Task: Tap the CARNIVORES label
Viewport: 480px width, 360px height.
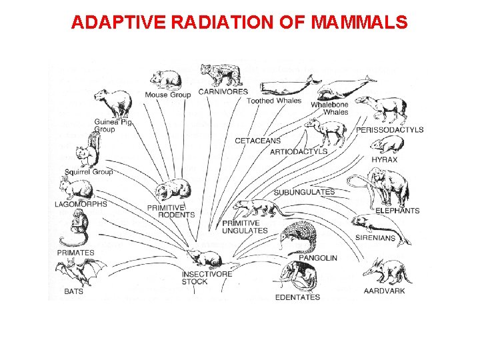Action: point(223,91)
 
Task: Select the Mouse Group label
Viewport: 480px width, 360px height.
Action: point(167,95)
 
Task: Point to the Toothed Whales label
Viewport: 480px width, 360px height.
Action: point(274,101)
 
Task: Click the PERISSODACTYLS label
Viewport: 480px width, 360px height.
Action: point(389,129)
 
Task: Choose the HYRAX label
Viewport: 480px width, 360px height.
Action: point(385,159)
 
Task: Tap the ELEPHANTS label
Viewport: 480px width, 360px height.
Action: point(397,211)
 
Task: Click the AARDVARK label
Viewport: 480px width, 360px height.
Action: point(384,291)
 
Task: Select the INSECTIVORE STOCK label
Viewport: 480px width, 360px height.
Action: point(207,277)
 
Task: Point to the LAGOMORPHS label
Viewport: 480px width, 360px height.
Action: point(81,204)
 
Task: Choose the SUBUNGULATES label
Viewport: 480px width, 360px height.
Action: point(304,192)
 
